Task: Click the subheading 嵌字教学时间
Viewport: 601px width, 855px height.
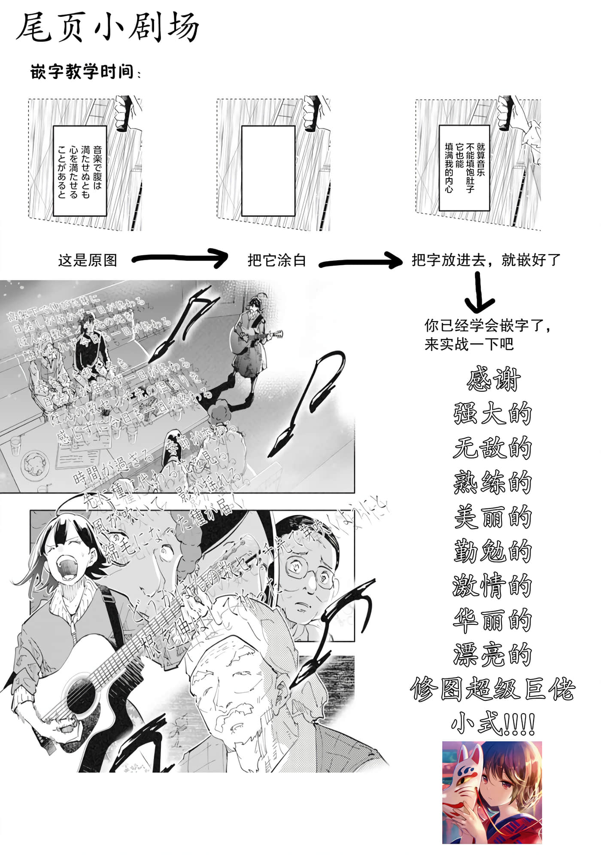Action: click(82, 72)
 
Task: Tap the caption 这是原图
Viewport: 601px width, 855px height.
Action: click(88, 260)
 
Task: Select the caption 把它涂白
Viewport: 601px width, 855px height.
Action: click(276, 260)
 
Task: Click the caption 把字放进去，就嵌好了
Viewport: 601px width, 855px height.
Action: click(486, 260)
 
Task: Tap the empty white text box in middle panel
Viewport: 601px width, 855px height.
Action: click(268, 170)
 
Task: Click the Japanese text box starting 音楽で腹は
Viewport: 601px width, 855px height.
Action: click(79, 170)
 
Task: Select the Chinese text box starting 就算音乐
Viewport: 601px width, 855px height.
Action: click(464, 167)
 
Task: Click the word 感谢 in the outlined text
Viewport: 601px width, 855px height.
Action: click(493, 380)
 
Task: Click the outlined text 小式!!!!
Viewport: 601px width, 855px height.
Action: click(493, 723)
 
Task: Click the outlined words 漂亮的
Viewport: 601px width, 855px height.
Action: click(493, 655)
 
